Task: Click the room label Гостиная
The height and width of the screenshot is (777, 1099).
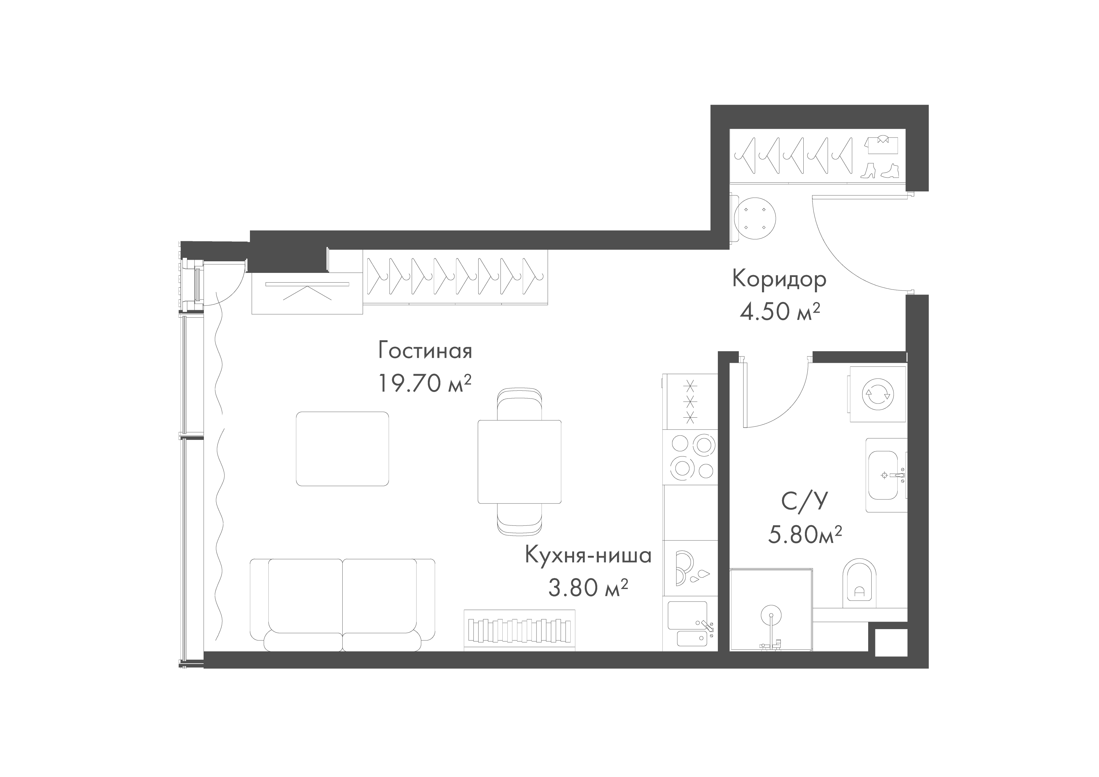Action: [425, 351]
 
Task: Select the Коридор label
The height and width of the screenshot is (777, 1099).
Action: [779, 279]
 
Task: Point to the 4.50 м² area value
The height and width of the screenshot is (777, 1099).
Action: [780, 312]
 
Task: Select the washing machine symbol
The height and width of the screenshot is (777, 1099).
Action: [877, 394]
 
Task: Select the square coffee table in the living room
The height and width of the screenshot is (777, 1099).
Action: [342, 449]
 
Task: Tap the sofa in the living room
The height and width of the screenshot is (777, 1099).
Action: [343, 605]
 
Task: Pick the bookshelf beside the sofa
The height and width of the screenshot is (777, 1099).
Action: [519, 630]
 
